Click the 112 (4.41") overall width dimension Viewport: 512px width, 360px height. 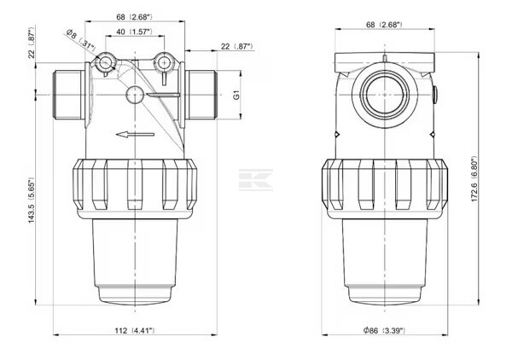click(x=135, y=331)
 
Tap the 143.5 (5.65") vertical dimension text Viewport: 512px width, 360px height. click(x=31, y=200)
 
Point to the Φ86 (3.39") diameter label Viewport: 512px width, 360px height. click(x=384, y=331)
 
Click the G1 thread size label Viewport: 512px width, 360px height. click(x=236, y=95)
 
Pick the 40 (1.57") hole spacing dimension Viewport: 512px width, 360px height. click(x=135, y=32)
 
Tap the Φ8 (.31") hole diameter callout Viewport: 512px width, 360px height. click(x=81, y=40)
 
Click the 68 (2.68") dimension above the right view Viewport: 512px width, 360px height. click(x=384, y=25)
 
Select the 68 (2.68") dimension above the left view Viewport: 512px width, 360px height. click(x=135, y=17)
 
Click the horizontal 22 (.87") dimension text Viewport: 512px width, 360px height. click(x=237, y=46)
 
